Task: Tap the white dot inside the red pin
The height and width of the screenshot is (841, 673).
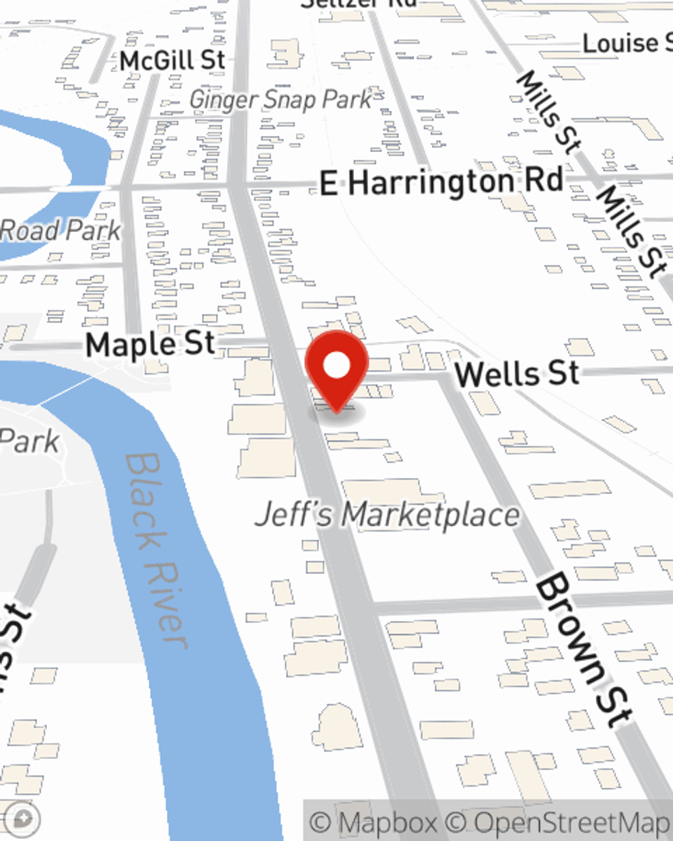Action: (336, 365)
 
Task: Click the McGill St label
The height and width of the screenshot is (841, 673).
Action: (172, 61)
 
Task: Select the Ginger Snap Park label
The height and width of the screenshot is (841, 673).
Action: (280, 100)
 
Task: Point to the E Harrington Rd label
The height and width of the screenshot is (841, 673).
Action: (441, 182)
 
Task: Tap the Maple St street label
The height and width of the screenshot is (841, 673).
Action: (150, 344)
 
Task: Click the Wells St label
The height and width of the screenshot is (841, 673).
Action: (517, 373)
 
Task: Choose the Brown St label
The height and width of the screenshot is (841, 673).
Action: (583, 649)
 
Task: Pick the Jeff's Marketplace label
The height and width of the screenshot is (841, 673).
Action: (388, 515)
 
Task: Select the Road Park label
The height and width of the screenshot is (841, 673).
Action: (61, 231)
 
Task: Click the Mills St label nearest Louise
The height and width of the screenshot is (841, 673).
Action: (548, 111)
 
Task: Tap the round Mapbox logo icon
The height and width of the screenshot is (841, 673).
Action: (24, 819)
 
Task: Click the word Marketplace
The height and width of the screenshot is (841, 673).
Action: (431, 515)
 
